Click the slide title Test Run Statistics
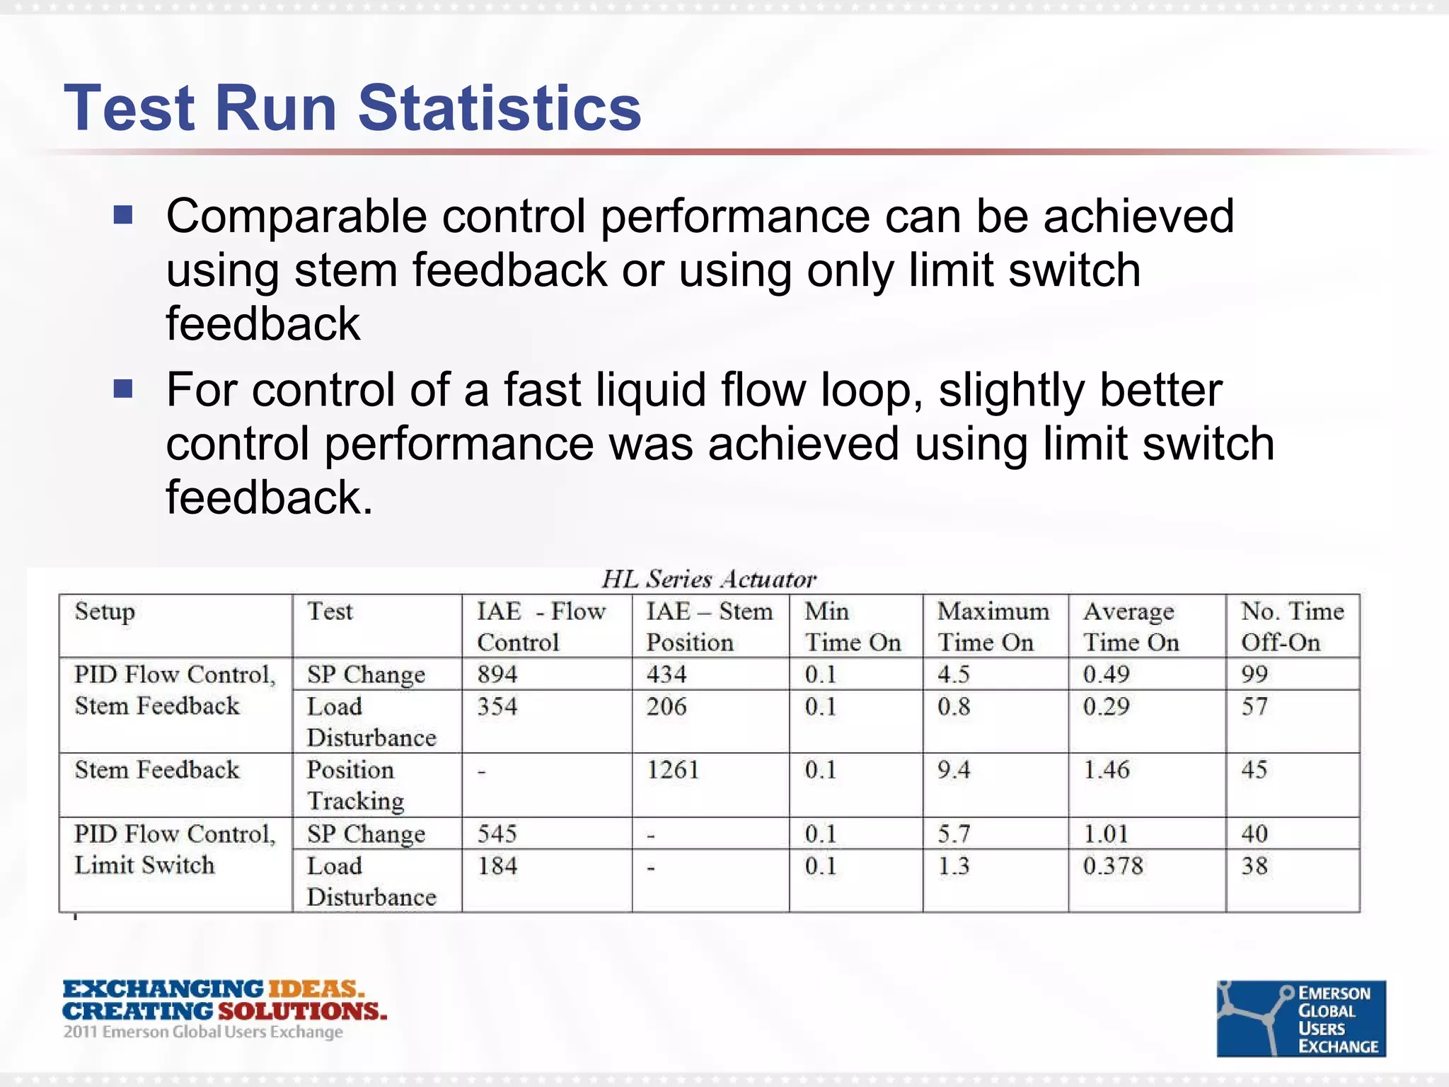(352, 108)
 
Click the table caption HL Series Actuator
(709, 579)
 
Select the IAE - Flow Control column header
(541, 626)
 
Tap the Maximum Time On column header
(993, 626)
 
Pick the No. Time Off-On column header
(1292, 626)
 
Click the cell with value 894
(497, 674)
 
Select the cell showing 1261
(673, 769)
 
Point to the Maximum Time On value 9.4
(954, 769)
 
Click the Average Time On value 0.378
(1112, 865)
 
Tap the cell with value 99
(1254, 674)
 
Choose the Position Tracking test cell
(355, 785)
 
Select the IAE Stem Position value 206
(666, 706)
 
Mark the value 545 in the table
(497, 834)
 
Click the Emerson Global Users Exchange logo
(1300, 1018)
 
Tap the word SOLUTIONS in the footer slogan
(302, 1011)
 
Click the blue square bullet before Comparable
(123, 214)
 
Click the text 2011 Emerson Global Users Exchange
(203, 1033)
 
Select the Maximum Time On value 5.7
(954, 834)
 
